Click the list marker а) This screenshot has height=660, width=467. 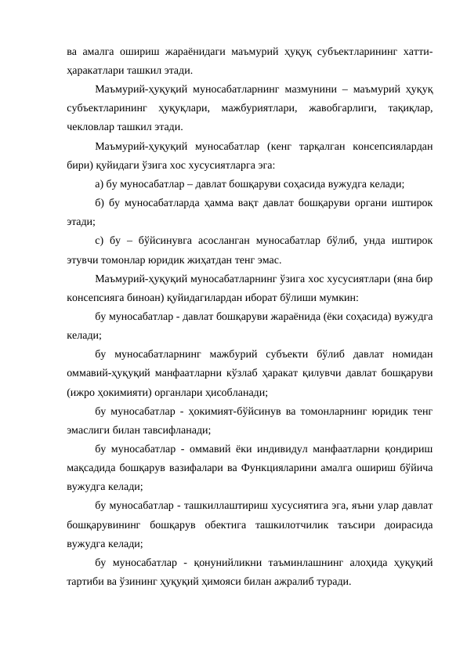tap(99, 184)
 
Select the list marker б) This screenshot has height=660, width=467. tap(100, 203)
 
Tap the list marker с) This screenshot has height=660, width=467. tap(99, 241)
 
